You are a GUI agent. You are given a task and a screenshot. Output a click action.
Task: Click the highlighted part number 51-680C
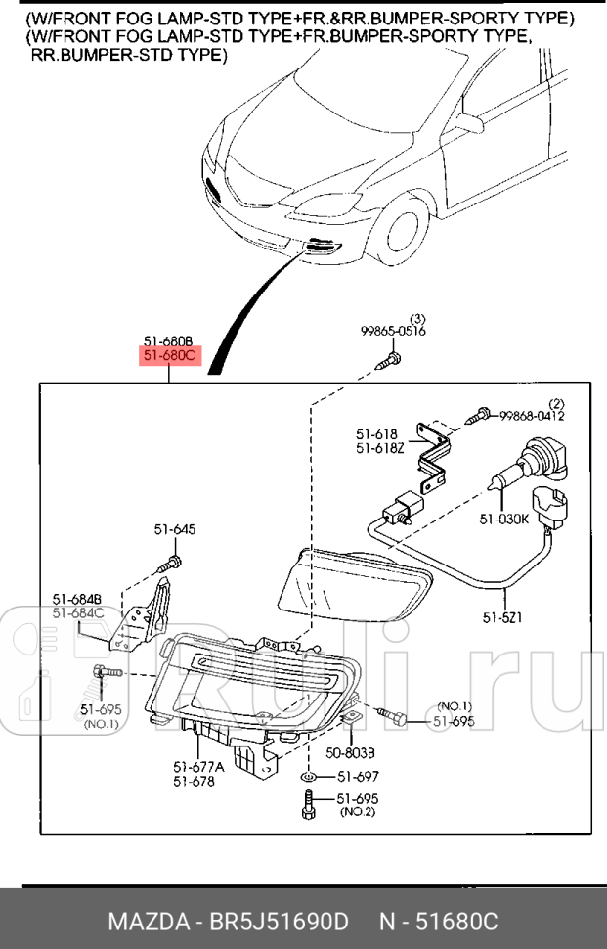click(168, 357)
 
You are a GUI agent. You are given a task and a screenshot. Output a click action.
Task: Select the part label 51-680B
click(168, 343)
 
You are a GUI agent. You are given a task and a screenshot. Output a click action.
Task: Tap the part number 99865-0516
click(393, 333)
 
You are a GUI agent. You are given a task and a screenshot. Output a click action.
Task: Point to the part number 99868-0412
click(532, 416)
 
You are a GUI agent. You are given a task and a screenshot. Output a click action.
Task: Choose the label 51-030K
click(504, 520)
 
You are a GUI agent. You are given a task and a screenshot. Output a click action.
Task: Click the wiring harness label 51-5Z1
click(502, 617)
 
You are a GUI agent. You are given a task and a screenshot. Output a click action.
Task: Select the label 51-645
click(174, 529)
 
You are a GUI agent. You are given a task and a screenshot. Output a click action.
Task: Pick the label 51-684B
click(77, 598)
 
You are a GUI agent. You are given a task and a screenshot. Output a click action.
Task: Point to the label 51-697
click(357, 776)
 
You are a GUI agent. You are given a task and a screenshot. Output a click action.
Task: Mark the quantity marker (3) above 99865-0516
click(417, 319)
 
